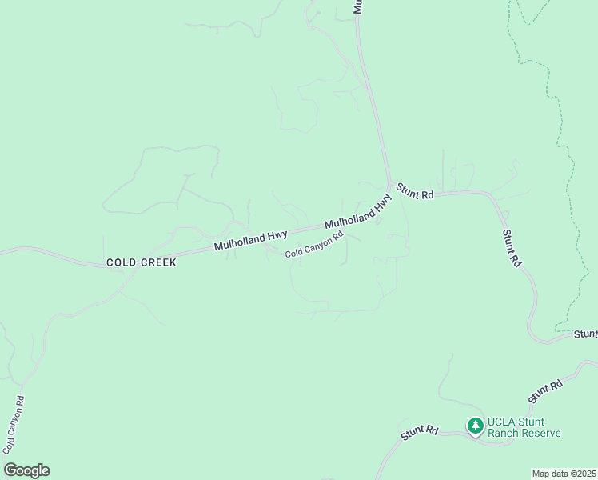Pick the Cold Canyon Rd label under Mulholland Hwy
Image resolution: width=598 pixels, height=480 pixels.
click(314, 244)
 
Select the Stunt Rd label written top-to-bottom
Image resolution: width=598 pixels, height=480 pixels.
click(512, 248)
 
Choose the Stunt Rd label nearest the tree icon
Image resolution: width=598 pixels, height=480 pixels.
click(420, 432)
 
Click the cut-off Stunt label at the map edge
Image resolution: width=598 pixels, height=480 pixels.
click(585, 334)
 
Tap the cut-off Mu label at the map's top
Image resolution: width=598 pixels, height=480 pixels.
click(358, 6)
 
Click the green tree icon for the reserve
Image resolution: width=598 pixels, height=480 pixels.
click(476, 426)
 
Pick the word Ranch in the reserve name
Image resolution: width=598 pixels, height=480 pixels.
click(504, 434)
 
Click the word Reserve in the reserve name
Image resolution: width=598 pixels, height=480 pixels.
click(541, 434)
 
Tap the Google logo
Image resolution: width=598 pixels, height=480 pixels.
click(26, 470)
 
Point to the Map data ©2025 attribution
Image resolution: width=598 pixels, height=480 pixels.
click(564, 474)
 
